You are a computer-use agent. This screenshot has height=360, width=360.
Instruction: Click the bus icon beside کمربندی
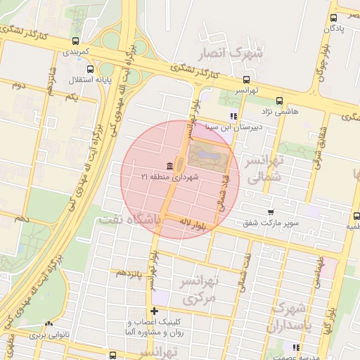point(75,40)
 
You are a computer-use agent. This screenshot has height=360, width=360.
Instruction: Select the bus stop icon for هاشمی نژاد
point(280,101)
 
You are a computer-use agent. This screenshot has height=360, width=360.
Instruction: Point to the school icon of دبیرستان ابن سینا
point(233,117)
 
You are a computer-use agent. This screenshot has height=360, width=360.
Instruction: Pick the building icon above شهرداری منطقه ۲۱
point(170,166)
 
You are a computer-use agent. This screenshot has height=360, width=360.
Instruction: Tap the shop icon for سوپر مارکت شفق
point(271,212)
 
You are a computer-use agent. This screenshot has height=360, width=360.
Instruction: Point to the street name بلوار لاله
point(192,223)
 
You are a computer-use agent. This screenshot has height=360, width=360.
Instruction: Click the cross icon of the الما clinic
point(154,311)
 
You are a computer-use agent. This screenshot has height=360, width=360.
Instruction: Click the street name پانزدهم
point(129,271)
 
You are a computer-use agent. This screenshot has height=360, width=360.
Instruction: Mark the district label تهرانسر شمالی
point(262,169)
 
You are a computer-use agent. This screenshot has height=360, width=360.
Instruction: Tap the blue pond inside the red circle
point(208,153)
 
